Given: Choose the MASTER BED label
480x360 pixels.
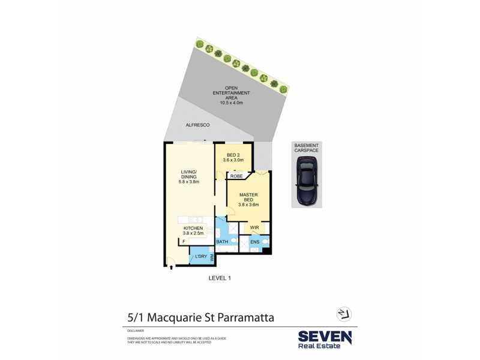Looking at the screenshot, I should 248,198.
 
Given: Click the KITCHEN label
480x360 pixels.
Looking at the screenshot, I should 193,228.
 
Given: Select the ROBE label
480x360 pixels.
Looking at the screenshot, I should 236,176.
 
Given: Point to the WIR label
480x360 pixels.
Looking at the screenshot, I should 254,228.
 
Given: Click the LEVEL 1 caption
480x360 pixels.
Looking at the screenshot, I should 219,278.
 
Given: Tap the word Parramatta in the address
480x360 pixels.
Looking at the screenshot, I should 240,317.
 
